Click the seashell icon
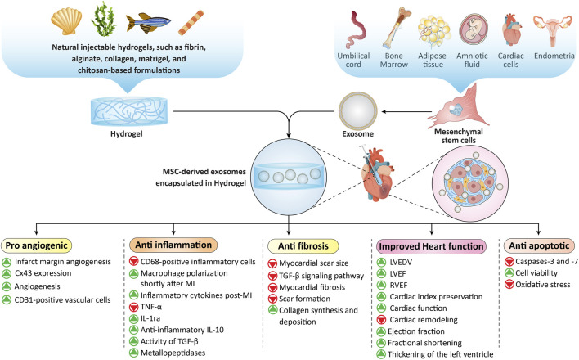[x=66, y=21]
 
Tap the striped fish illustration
[x=149, y=23]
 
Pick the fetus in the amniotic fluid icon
[x=474, y=29]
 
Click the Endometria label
[x=554, y=56]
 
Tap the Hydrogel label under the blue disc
[x=126, y=134]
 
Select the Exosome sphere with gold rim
[x=358, y=110]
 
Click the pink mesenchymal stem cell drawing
[x=459, y=107]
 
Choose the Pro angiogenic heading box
[x=37, y=245]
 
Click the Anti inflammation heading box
[x=173, y=245]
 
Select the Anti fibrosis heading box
[x=303, y=246]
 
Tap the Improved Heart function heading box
[x=431, y=246]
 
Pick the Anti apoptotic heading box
[x=539, y=245]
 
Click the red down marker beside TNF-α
[x=133, y=307]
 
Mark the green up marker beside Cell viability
[x=509, y=273]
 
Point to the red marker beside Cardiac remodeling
[x=381, y=320]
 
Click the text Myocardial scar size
[x=314, y=263]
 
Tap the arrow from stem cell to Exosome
[x=407, y=111]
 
